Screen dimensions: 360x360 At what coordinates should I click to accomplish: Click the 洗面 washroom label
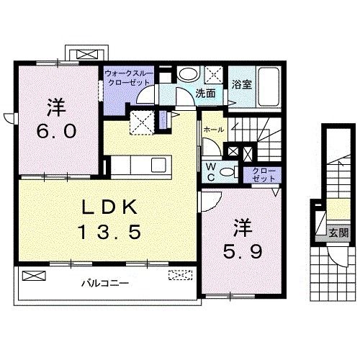click(206, 93)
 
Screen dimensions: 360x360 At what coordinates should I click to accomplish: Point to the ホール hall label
click(213, 129)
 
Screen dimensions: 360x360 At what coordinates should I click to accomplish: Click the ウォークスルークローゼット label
click(127, 78)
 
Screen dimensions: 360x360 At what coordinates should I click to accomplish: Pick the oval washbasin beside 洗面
click(189, 75)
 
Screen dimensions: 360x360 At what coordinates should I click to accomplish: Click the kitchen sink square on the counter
click(156, 166)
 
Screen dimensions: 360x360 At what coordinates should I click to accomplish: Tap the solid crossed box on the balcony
click(32, 275)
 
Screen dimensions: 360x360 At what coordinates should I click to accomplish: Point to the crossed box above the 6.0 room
click(86, 54)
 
